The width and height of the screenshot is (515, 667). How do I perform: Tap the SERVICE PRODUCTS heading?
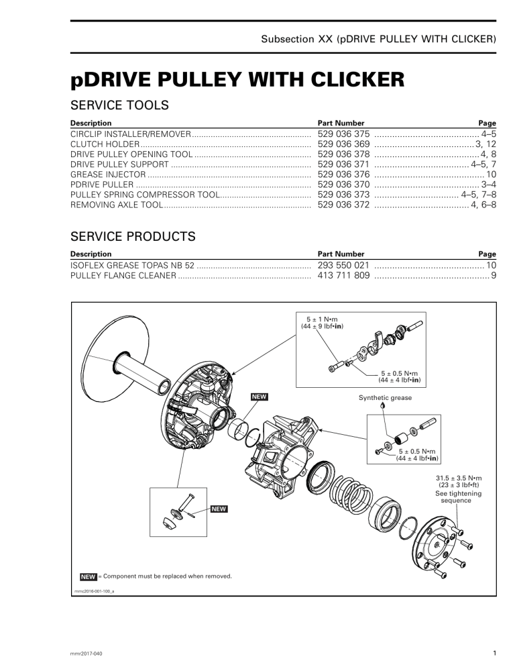pyautogui.click(x=133, y=236)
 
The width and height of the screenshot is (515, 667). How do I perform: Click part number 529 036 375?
pyautogui.click(x=343, y=134)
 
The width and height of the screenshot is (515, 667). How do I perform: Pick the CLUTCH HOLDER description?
pyautogui.click(x=105, y=144)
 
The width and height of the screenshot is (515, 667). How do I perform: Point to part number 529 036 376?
pyautogui.click(x=343, y=174)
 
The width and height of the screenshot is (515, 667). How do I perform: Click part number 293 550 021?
pyautogui.click(x=343, y=266)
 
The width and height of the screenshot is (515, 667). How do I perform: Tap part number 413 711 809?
pyautogui.click(x=343, y=276)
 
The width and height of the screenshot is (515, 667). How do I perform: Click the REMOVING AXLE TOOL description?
pyautogui.click(x=116, y=204)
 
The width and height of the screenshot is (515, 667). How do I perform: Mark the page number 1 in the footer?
pyautogui.click(x=493, y=653)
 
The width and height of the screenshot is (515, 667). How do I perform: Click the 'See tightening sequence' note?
pyautogui.click(x=458, y=497)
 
